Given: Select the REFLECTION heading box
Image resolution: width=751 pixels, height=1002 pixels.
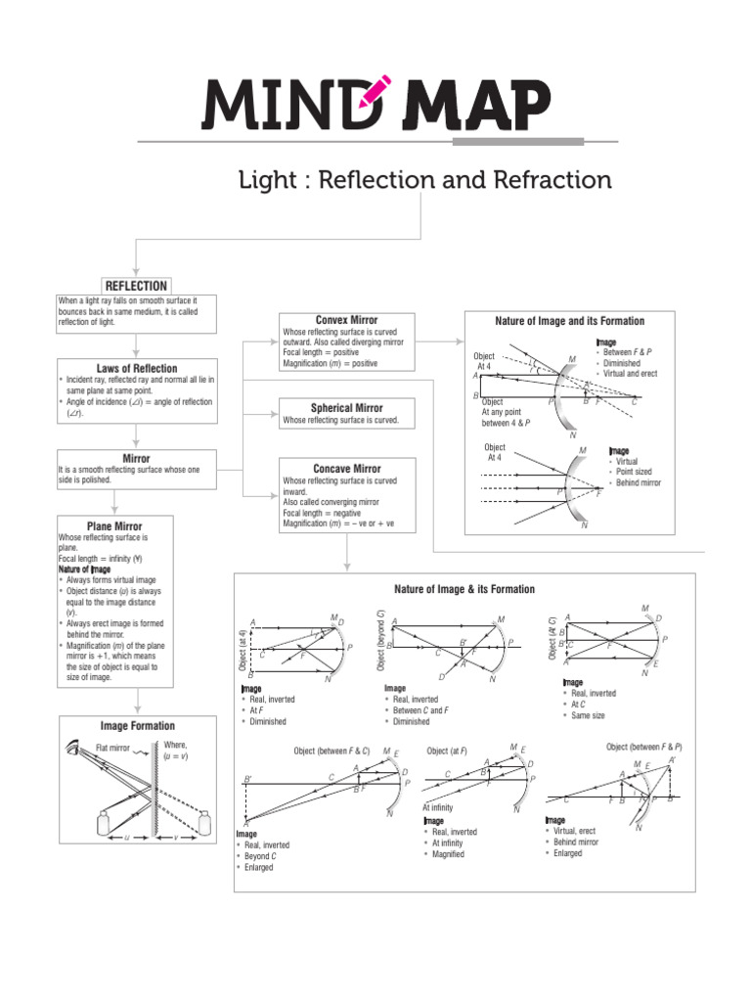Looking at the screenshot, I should (137, 285).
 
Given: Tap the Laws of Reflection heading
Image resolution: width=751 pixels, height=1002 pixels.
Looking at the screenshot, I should (137, 368).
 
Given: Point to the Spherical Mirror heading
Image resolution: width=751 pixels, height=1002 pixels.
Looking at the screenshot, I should (346, 407).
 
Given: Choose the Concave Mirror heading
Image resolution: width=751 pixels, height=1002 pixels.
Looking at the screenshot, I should (346, 469).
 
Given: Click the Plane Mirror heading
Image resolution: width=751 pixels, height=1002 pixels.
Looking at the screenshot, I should (114, 526).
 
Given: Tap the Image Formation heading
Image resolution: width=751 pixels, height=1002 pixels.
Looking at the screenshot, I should (137, 726).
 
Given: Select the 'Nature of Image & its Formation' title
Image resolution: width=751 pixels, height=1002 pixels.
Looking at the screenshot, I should (464, 589).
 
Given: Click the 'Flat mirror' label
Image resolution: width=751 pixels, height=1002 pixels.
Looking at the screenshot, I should (114, 748).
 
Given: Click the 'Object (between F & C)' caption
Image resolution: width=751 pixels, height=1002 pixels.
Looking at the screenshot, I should (332, 751).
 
